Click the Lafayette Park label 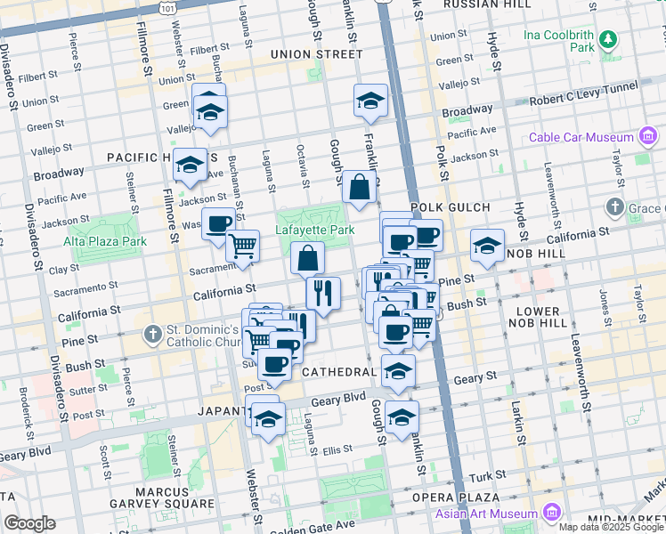314,230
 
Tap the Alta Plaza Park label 104,241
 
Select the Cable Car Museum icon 648,137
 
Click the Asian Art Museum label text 486,514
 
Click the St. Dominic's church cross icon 152,336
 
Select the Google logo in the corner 29,523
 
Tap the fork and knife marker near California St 323,292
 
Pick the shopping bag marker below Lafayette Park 307,259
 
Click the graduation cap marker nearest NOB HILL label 487,247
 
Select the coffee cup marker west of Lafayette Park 217,224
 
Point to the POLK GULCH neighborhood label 451,207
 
